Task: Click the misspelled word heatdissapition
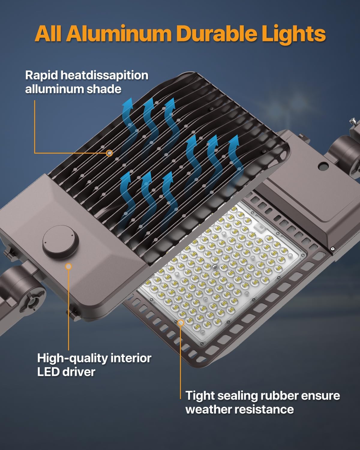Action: [x=104, y=75]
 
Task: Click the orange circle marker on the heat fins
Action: [x=110, y=153]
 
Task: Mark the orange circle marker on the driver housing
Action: [x=69, y=266]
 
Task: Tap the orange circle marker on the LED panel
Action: [x=181, y=323]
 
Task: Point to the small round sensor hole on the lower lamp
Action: [x=324, y=165]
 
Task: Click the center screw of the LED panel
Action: [x=214, y=266]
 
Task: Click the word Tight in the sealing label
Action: [x=200, y=396]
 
